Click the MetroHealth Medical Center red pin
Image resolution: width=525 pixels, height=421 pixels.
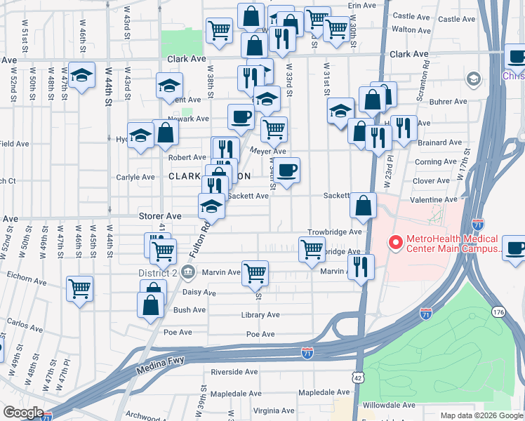(x=395, y=243)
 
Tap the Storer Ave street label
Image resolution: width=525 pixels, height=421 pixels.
(x=163, y=216)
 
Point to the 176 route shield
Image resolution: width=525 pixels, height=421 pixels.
(x=499, y=312)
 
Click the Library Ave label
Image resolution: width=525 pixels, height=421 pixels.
(x=260, y=315)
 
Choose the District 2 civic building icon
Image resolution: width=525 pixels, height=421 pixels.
(x=188, y=272)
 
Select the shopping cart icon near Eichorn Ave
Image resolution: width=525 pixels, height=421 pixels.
(x=80, y=288)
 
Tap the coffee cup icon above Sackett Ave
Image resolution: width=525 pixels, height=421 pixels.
(x=286, y=170)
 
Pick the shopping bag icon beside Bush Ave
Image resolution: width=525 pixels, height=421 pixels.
(x=151, y=305)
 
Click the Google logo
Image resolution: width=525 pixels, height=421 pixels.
(x=22, y=413)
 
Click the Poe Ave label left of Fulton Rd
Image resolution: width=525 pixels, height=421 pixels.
(x=178, y=332)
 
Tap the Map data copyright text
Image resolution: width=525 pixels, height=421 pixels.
(x=480, y=415)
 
